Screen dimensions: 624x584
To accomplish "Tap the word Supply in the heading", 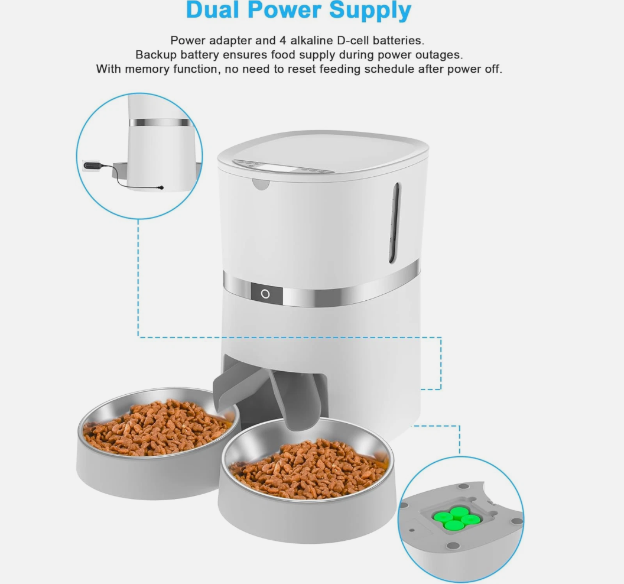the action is click(370, 11).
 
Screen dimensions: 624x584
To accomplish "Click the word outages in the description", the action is click(439, 55).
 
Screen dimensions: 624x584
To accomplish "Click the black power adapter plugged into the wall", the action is click(93, 165).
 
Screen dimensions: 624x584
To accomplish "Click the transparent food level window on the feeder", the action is click(394, 222).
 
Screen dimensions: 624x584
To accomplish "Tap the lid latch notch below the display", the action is click(261, 184).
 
